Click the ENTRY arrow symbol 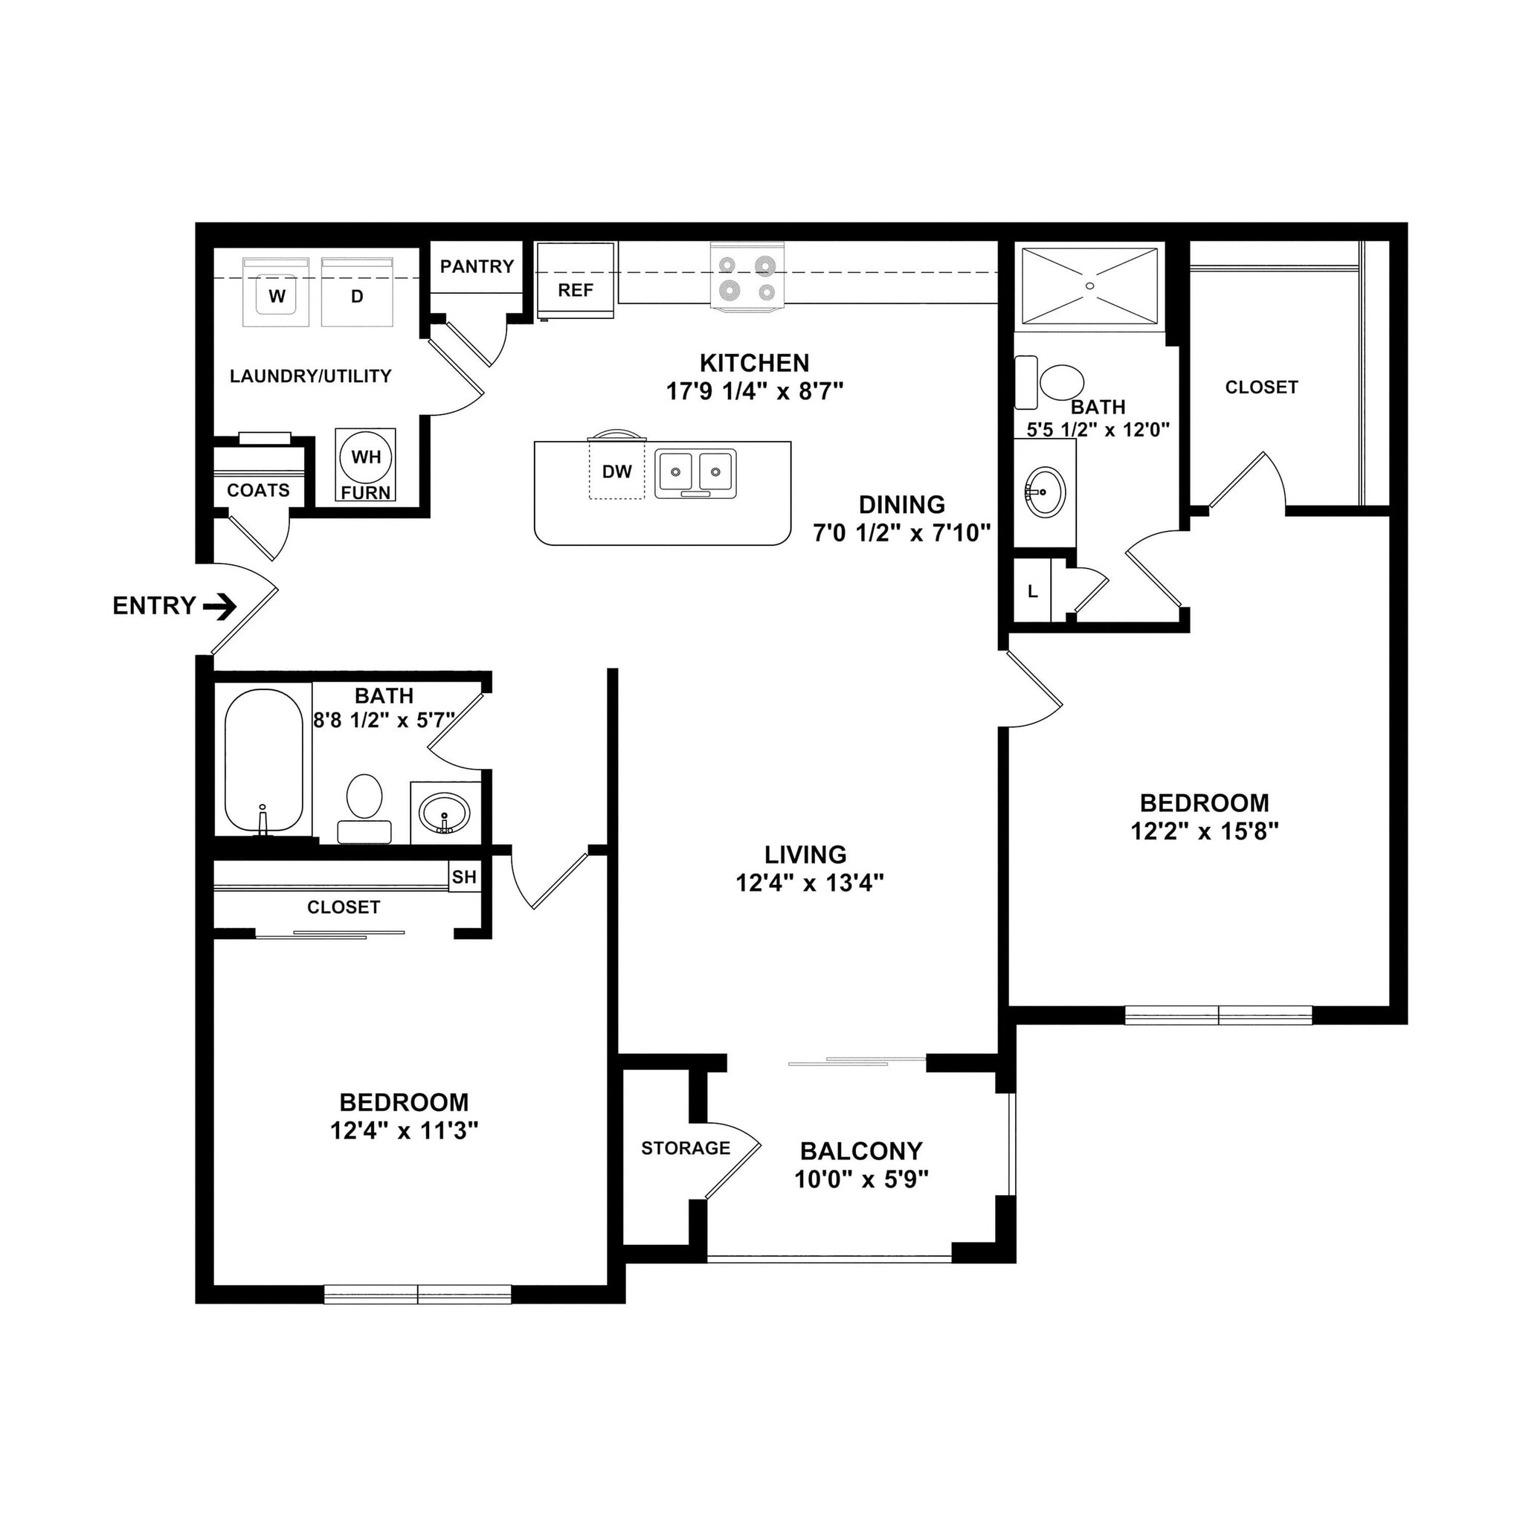tap(220, 606)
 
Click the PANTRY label tap(476, 266)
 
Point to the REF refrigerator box tap(576, 281)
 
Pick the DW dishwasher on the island tap(616, 471)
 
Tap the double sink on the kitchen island tap(695, 473)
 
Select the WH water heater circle tap(366, 457)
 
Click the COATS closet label tap(258, 490)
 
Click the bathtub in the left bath tap(264, 761)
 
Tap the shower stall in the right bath tap(1089, 286)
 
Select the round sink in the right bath tap(1046, 491)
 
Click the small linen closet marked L tap(1033, 591)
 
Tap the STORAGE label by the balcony tap(685, 1147)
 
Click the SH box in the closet tap(463, 877)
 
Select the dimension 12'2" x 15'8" tap(1204, 831)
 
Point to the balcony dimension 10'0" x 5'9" tap(861, 1179)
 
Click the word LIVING tap(805, 854)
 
